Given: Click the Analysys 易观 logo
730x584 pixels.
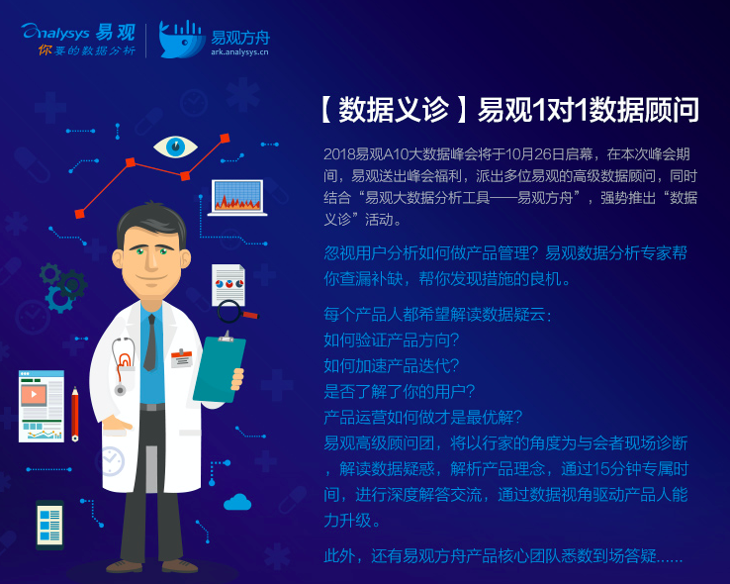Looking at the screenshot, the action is pos(78,39).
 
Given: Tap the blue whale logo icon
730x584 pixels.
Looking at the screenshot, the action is pos(182,40).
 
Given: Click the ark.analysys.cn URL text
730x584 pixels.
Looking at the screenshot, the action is pos(239,52).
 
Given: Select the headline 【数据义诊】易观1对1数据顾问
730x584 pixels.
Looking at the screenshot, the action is pos(509,111).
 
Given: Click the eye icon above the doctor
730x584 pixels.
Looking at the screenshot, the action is pos(175,147).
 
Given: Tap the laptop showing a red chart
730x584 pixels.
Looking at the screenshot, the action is pos(237,197).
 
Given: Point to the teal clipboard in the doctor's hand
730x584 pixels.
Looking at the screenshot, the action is pos(219,368).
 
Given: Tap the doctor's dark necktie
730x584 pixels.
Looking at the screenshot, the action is pos(150,342).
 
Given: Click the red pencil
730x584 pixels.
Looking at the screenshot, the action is pos(75,414).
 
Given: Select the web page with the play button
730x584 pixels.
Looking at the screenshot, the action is pos(42,406).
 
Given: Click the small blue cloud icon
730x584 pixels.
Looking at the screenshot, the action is pos(237,503).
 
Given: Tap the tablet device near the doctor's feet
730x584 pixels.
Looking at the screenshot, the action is pos(49,525).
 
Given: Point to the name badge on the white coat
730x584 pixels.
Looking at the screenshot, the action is pos(181,358).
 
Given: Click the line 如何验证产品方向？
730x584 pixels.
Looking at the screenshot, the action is pos(392,340).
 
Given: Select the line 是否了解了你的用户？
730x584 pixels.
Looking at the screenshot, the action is pos(400,391).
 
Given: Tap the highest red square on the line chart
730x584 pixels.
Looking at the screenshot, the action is pos(225,139).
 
